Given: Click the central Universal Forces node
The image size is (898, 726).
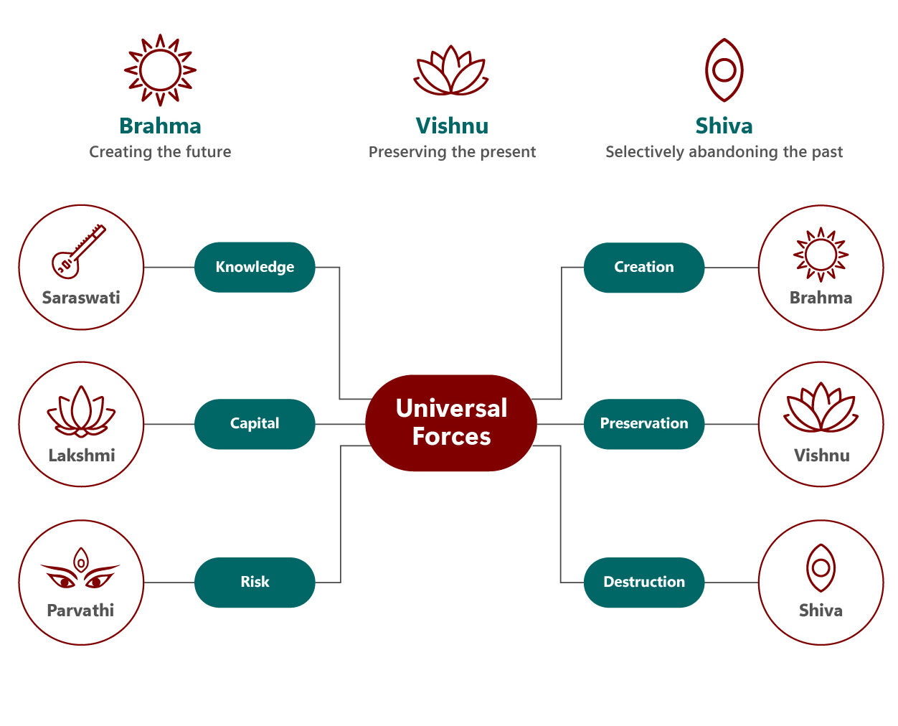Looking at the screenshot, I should pyautogui.click(x=450, y=423).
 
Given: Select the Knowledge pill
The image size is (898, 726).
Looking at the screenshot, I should pyautogui.click(x=255, y=267).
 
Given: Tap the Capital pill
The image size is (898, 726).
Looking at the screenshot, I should pyautogui.click(x=255, y=424).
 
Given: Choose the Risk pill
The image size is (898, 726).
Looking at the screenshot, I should pyautogui.click(x=255, y=582).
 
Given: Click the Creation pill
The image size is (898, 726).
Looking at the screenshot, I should pyautogui.click(x=643, y=267).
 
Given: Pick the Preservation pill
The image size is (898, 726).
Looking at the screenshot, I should pyautogui.click(x=643, y=424).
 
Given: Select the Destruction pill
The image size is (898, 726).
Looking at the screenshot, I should pyautogui.click(x=643, y=582).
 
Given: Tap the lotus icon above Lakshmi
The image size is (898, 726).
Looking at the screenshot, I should pyautogui.click(x=81, y=412).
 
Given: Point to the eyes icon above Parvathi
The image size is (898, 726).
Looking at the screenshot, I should pyautogui.click(x=80, y=570).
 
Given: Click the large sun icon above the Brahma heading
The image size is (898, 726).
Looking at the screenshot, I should pyautogui.click(x=160, y=70).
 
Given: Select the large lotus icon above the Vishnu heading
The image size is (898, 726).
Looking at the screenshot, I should pyautogui.click(x=451, y=71).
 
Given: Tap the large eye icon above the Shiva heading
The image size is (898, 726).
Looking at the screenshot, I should pyautogui.click(x=724, y=70).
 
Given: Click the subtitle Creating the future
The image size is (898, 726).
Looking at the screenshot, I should pyautogui.click(x=160, y=152).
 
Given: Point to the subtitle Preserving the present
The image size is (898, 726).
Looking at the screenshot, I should pyautogui.click(x=452, y=152).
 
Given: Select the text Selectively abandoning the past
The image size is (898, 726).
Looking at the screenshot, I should pyautogui.click(x=724, y=152).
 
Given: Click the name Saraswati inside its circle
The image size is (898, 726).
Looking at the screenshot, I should pyautogui.click(x=81, y=298).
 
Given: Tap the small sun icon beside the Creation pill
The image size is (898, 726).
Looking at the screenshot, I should pyautogui.click(x=821, y=255).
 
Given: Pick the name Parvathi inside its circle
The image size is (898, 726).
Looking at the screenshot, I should pyautogui.click(x=80, y=610).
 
